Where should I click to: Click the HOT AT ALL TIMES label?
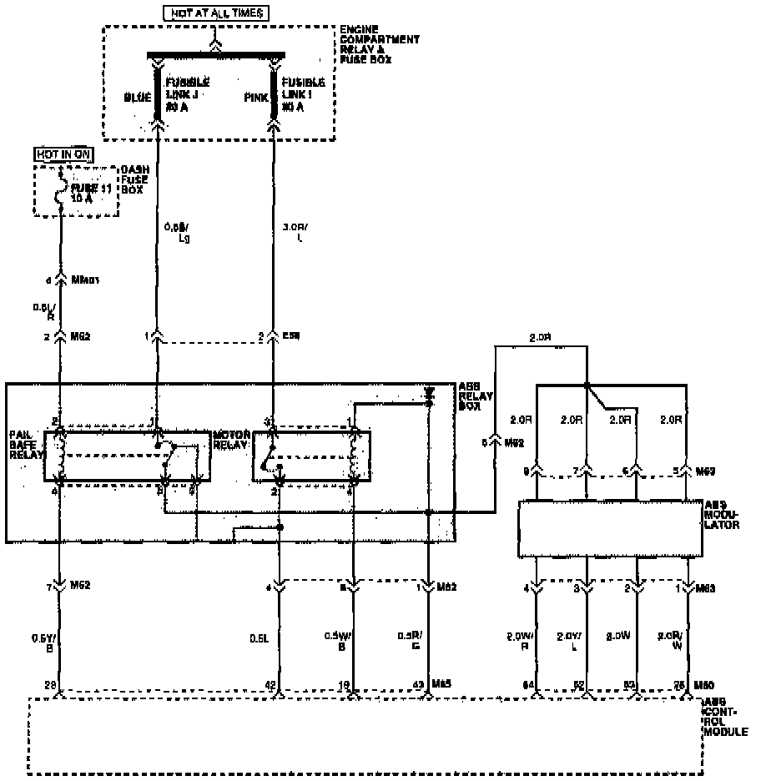(216, 13)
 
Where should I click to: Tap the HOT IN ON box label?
(63, 154)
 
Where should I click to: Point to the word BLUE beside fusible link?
(138, 98)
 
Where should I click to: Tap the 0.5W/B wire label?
(339, 642)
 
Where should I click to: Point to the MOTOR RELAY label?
(230, 440)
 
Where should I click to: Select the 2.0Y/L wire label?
(572, 641)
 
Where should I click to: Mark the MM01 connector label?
(86, 280)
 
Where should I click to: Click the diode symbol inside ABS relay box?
(429, 390)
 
